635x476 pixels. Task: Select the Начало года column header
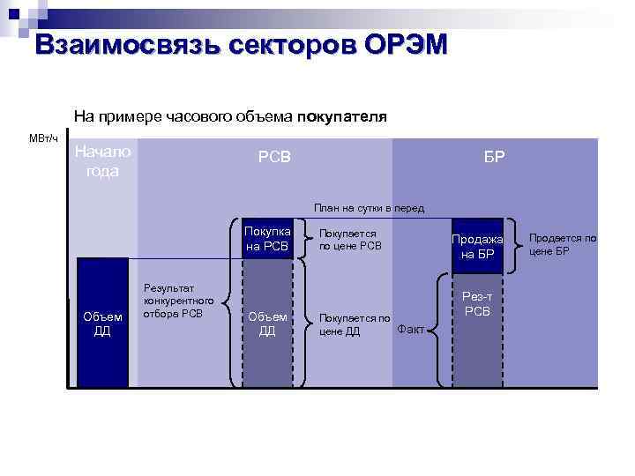pos(102,161)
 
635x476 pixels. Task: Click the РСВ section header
pos(273,157)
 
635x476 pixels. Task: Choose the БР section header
pos(495,157)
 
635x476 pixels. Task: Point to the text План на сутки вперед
pos(369,208)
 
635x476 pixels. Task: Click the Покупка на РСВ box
pos(267,239)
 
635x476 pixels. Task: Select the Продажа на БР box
pos(477,247)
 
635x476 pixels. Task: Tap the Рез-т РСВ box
pos(477,304)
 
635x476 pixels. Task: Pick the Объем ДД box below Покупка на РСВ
pos(267,324)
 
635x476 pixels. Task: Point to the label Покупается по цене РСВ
pos(350,240)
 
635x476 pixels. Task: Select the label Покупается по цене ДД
pos(353,324)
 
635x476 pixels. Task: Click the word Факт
pos(411,330)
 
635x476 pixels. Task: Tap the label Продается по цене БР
pos(562,244)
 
